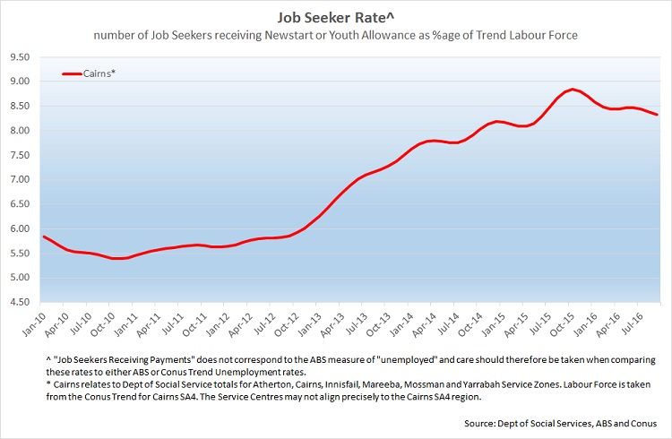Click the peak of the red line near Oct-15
coord(570,90)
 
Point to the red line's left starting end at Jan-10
coord(44,237)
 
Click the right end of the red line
coord(657,114)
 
